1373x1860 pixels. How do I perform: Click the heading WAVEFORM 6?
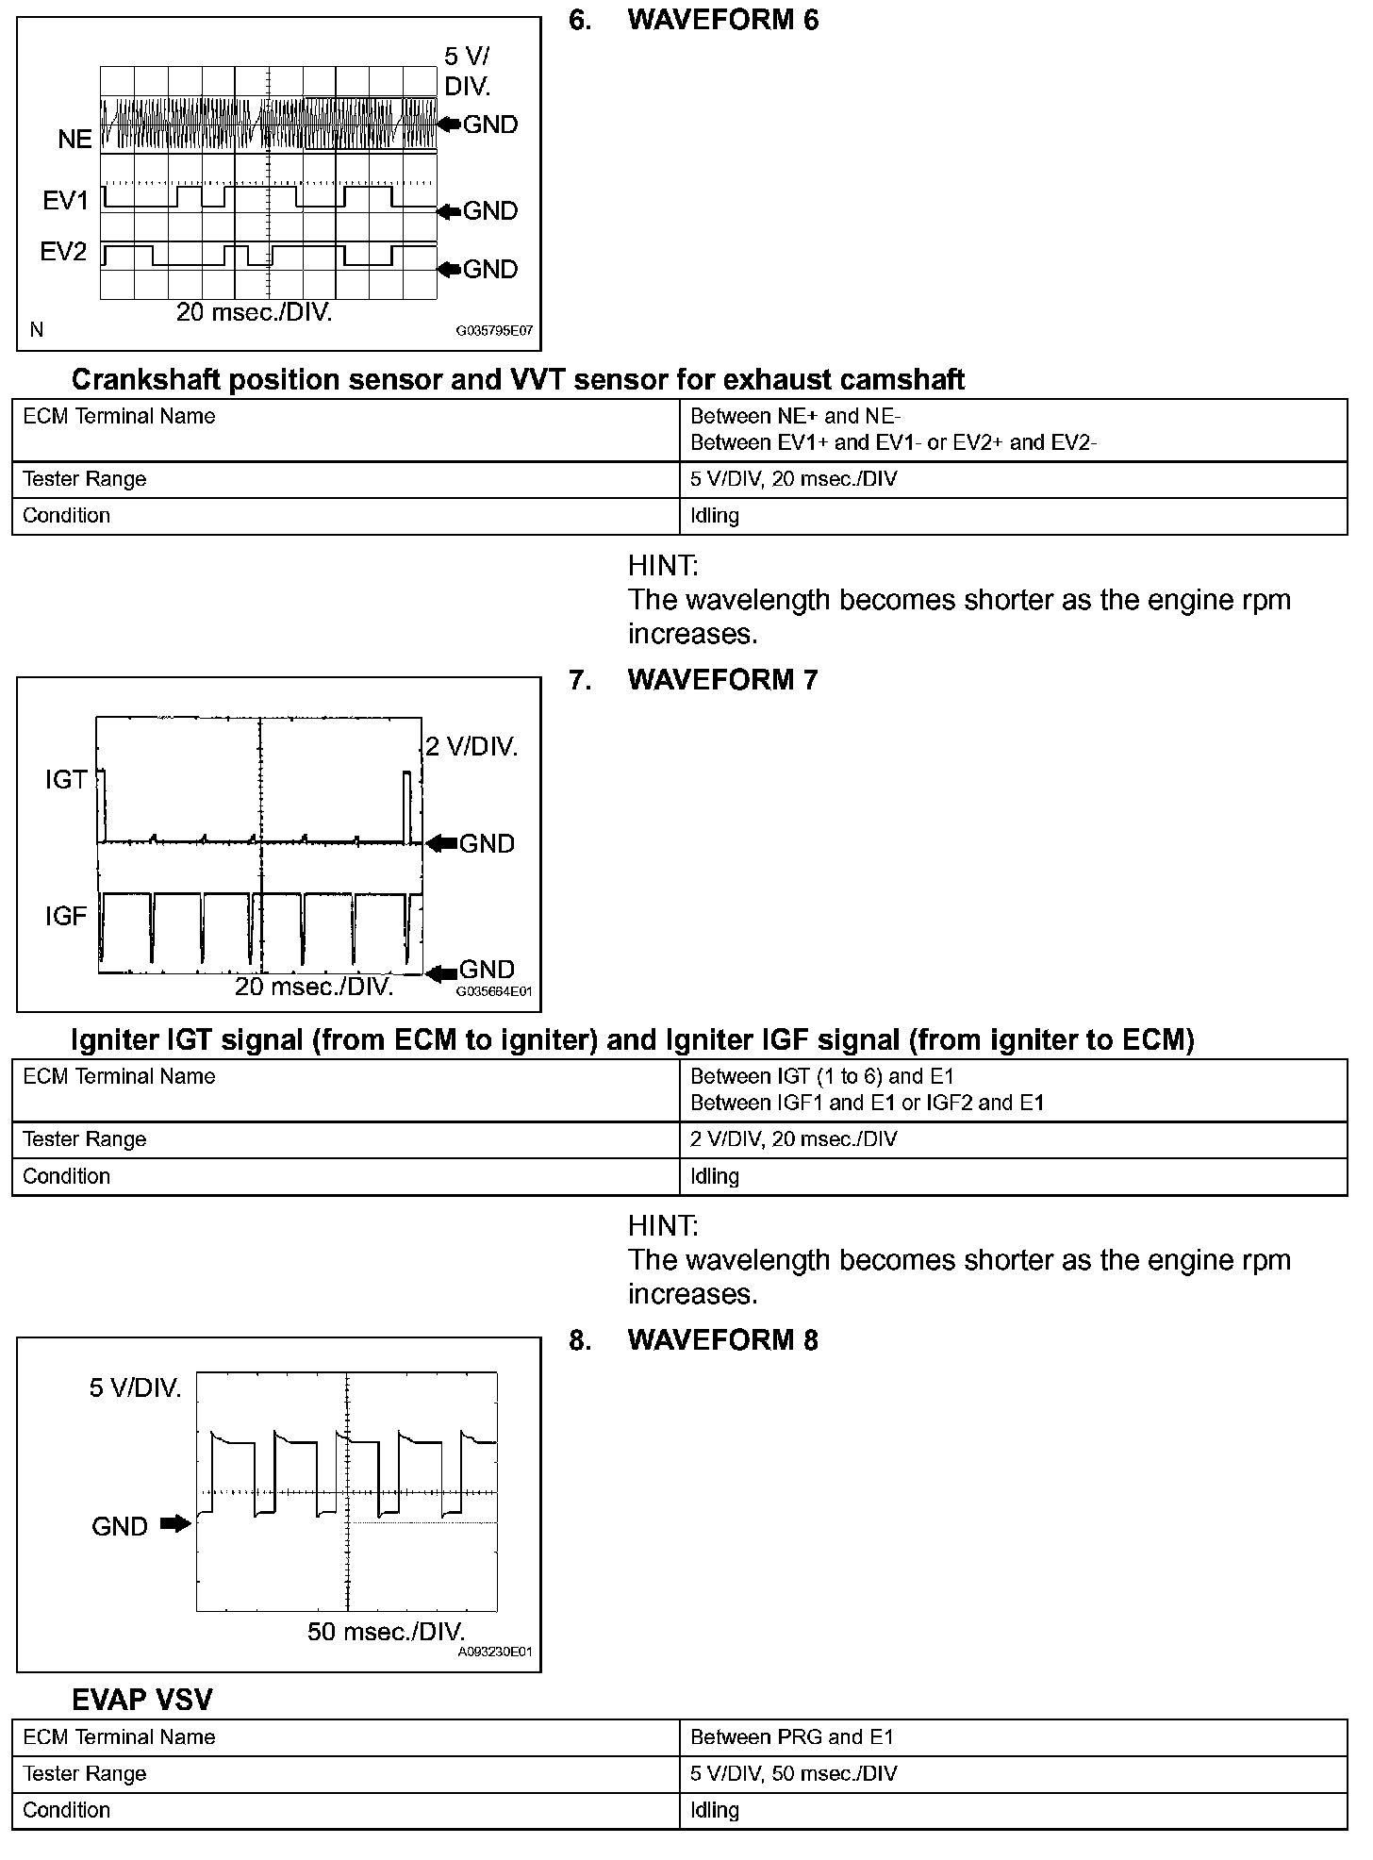pos(722,21)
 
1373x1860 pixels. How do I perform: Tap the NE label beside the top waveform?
pos(74,140)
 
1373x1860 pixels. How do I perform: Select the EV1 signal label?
pos(65,201)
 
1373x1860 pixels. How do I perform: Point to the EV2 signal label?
pos(63,252)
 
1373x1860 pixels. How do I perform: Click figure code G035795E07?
pos(494,332)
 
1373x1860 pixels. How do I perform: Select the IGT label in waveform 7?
pos(65,780)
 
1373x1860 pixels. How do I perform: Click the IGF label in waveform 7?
pos(65,916)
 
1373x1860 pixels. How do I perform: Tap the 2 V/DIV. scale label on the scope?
pos(471,747)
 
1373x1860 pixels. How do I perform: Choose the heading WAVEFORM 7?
pos(722,680)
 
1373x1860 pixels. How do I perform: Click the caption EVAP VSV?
pos(142,1700)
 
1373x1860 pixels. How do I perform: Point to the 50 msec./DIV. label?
pos(387,1632)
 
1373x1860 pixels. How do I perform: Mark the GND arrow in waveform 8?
pos(175,1523)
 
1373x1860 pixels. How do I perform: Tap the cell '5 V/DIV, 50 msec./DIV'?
pos(793,1773)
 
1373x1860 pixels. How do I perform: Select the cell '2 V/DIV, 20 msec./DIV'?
pos(793,1139)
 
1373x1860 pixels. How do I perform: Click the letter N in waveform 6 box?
pos(37,330)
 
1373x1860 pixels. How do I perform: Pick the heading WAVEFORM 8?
pos(722,1340)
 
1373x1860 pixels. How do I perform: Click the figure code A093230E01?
pos(494,1652)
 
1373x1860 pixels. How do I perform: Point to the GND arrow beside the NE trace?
pos(450,125)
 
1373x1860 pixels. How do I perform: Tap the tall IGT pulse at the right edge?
pos(407,806)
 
